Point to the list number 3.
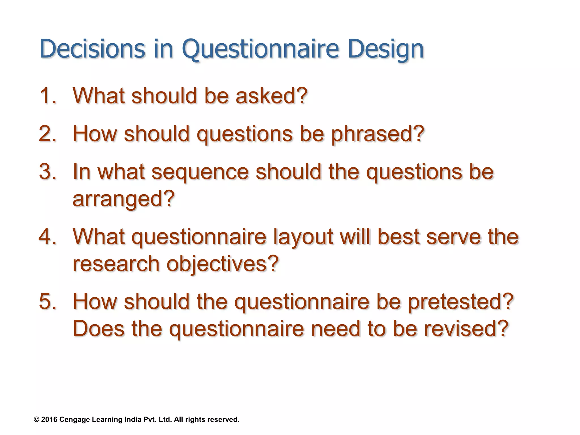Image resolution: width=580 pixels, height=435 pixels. (48, 172)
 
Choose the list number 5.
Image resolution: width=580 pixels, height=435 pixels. (48, 301)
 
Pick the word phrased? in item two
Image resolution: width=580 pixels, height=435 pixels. (378, 134)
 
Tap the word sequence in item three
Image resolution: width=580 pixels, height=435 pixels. (200, 172)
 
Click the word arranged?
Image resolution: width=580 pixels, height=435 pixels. (123, 199)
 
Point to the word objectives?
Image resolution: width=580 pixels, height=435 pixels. (223, 264)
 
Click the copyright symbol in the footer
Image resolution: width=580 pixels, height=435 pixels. (36, 419)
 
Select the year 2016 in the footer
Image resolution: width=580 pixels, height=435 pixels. (49, 419)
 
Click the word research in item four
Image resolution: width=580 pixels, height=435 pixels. (116, 264)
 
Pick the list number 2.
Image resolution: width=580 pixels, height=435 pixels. (48, 134)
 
